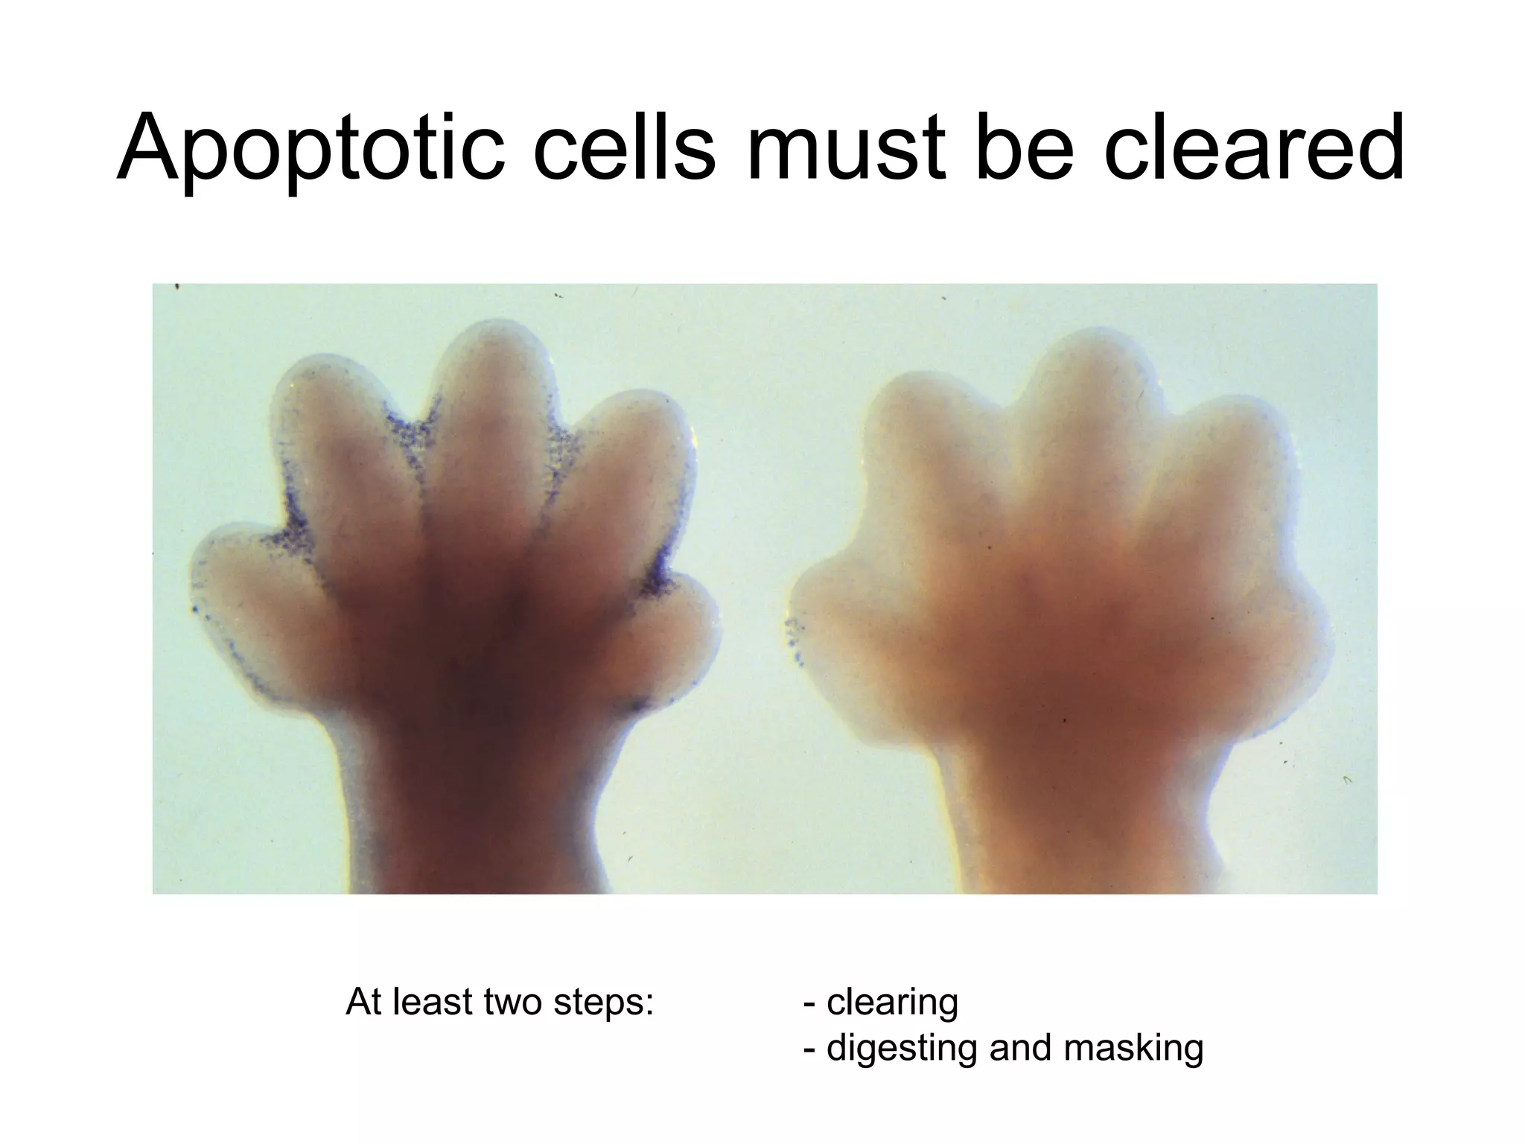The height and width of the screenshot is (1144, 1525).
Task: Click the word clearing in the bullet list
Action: pos(892,1002)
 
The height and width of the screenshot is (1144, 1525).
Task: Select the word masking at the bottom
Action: pos(1133,1048)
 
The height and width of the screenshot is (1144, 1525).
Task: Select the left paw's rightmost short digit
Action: pos(681,626)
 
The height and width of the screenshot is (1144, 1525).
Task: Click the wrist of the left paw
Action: pos(477,819)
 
